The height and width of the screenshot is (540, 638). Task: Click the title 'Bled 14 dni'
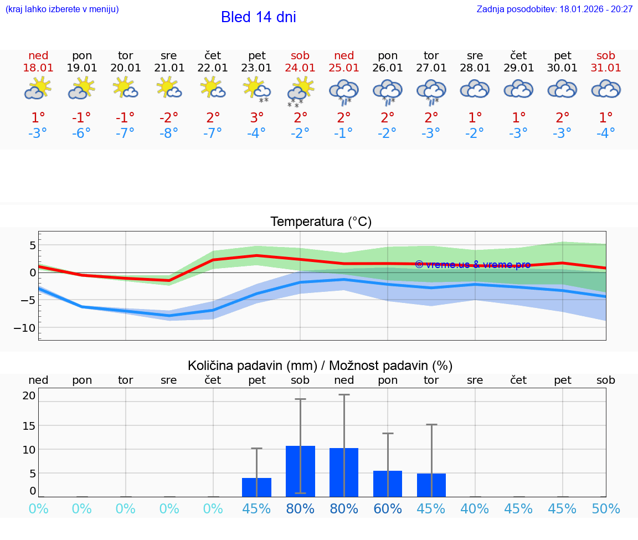click(x=258, y=17)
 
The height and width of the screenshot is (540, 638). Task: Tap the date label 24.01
click(x=300, y=68)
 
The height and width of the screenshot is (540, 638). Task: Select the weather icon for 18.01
click(x=38, y=89)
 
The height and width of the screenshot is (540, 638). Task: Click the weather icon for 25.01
click(x=344, y=91)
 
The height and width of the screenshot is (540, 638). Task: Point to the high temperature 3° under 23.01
click(x=256, y=117)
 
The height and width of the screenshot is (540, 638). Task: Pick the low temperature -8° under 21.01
click(x=169, y=133)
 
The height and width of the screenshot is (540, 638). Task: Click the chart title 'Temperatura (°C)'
click(x=321, y=222)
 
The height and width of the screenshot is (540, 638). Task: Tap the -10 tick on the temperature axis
click(x=25, y=328)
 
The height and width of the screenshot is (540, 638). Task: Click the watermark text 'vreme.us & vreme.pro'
click(x=472, y=265)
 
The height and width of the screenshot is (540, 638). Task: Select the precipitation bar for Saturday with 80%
click(x=300, y=471)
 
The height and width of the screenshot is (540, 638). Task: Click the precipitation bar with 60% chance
click(x=388, y=484)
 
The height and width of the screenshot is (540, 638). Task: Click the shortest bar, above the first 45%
click(x=256, y=487)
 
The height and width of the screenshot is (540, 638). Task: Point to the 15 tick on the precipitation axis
click(x=29, y=425)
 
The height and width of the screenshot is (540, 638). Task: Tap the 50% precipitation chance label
click(x=606, y=509)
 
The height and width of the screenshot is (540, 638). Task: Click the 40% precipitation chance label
click(x=475, y=509)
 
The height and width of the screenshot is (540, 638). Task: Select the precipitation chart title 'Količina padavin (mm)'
click(x=252, y=366)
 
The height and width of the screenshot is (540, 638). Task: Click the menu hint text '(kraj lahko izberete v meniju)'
click(x=62, y=9)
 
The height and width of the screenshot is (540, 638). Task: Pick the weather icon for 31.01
click(x=606, y=89)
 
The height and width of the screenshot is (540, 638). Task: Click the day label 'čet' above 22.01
click(x=213, y=55)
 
